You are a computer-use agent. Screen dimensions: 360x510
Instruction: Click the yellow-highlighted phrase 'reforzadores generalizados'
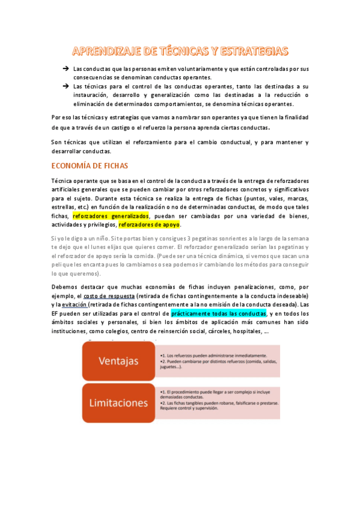(110, 217)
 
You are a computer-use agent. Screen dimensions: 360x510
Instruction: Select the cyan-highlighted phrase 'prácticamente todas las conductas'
(218, 313)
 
